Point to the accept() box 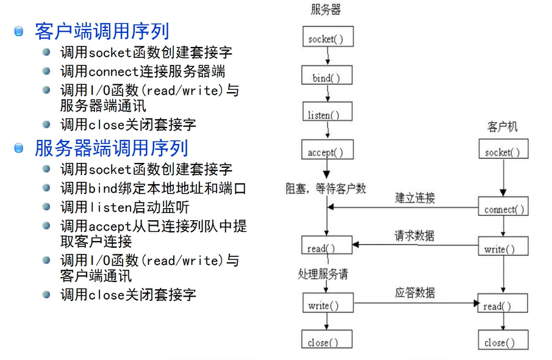click(325, 151)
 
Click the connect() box click(503, 209)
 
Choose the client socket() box click(503, 152)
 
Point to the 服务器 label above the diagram click(325, 10)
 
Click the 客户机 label click(502, 127)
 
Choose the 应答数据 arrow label click(415, 292)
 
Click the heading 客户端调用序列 click(102, 31)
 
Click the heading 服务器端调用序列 click(111, 148)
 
